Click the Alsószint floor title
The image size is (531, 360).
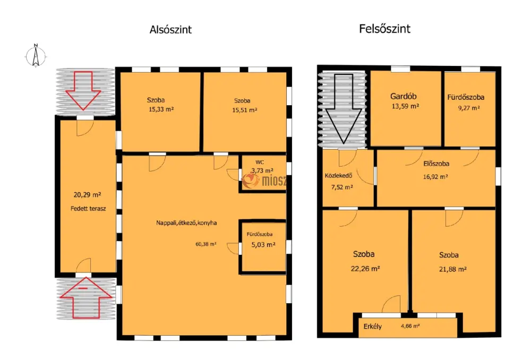coord(170,29)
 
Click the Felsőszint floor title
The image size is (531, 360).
coord(384,29)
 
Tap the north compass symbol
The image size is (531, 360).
coord(36,55)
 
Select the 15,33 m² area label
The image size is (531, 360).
coord(161,109)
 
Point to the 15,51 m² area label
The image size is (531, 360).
coord(244,110)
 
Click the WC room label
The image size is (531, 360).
coord(260,162)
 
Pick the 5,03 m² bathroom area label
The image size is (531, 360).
coord(263,245)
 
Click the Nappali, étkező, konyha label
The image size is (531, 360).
coord(186,223)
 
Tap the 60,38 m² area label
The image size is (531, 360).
coord(206,244)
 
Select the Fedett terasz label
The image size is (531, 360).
coord(88,209)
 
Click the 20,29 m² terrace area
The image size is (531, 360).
coord(87,195)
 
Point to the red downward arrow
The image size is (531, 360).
coord(83,90)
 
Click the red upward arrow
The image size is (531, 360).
coord(85,298)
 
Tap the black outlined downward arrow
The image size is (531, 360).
coord(344,109)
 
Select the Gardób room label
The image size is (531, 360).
coord(404,96)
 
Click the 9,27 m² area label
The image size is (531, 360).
coord(469,108)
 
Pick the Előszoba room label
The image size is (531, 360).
coord(436,164)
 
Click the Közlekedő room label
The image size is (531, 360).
coord(338,176)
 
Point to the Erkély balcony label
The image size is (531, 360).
coord(373,327)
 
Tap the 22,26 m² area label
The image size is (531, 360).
coord(365,269)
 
